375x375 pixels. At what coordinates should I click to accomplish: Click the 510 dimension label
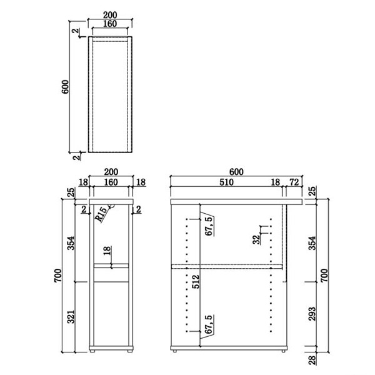point(226,182)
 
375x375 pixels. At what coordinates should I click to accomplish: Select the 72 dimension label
point(294,182)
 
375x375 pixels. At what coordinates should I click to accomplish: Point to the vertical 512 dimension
point(196,281)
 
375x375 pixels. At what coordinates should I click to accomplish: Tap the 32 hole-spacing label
point(256,239)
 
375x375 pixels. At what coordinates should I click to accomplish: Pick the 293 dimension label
point(312,314)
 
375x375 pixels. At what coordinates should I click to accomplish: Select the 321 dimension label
point(71,317)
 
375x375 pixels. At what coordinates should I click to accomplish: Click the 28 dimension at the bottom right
point(312,360)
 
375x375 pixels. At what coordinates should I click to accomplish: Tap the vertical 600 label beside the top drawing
point(65,87)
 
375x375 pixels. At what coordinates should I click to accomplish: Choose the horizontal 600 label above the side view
point(236,172)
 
